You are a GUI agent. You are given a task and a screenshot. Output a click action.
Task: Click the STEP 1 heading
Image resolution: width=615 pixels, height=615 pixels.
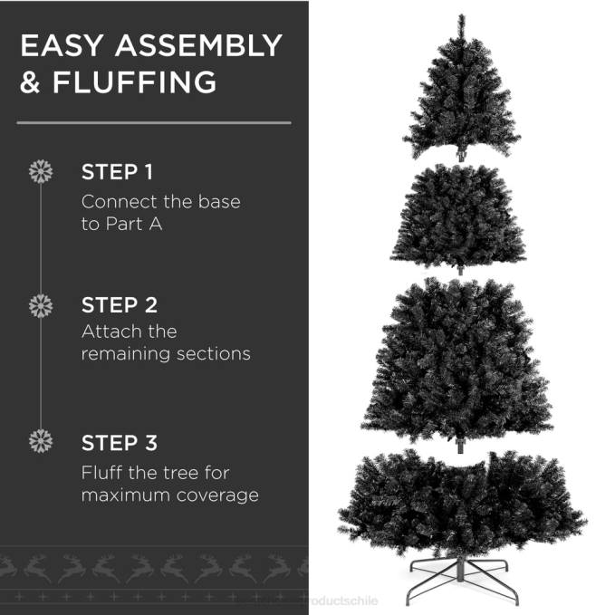pyautogui.click(x=118, y=172)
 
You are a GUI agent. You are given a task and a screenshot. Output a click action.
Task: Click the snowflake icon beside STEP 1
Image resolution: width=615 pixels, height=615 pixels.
pyautogui.click(x=41, y=171)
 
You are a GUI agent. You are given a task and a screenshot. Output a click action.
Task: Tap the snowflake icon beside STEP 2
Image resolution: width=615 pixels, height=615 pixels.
pyautogui.click(x=41, y=305)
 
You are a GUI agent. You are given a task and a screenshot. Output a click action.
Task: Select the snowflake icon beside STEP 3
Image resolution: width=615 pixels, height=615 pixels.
pyautogui.click(x=41, y=442)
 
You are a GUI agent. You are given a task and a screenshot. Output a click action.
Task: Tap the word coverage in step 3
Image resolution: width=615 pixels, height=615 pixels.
pyautogui.click(x=222, y=495)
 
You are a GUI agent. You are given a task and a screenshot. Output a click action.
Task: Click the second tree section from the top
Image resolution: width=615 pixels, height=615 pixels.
pyautogui.click(x=458, y=217)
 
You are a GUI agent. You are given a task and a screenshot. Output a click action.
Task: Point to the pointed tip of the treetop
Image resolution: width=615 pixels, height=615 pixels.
pyautogui.click(x=461, y=17)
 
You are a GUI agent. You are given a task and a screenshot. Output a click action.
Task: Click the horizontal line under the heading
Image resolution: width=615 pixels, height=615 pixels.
pyautogui.click(x=154, y=122)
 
